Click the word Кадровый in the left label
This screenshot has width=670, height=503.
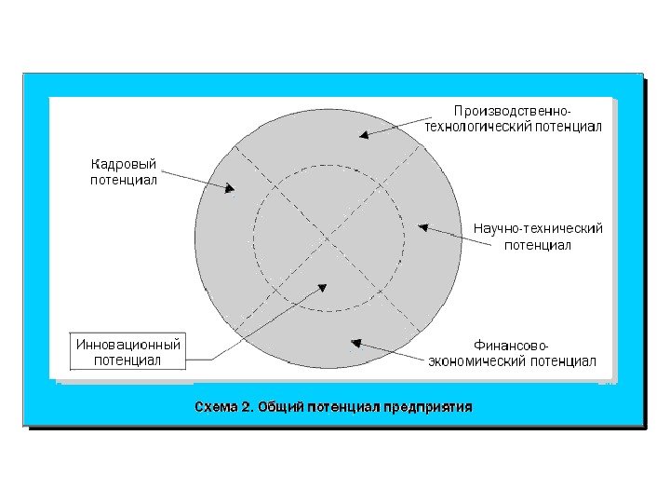click(123, 165)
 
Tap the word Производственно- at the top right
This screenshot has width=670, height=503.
click(512, 112)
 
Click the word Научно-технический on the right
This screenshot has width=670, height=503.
click(538, 228)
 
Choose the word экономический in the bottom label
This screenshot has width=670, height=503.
click(477, 360)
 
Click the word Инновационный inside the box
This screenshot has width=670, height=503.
click(127, 344)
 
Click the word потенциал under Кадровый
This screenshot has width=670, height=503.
click(123, 181)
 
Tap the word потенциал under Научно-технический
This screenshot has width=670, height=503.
click(537, 245)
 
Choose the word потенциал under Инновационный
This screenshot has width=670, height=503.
click(127, 360)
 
